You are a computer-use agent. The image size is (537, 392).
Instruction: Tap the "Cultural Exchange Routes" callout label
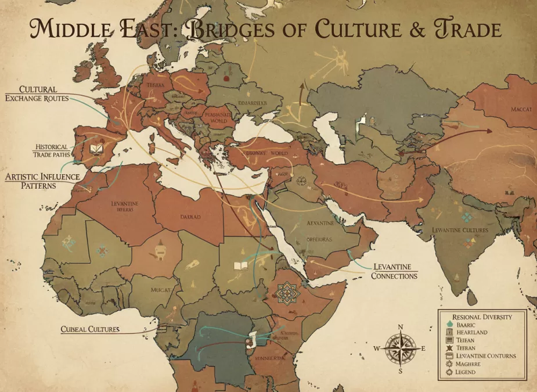(x=37, y=93)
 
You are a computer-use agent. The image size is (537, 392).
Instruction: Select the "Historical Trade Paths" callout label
(x=52, y=151)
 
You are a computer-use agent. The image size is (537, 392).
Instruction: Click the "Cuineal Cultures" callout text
(x=90, y=329)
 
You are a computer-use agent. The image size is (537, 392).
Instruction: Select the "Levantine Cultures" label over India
(x=460, y=230)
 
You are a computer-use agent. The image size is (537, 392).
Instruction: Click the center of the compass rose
(x=400, y=348)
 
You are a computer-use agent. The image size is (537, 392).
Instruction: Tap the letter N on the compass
(x=400, y=328)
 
